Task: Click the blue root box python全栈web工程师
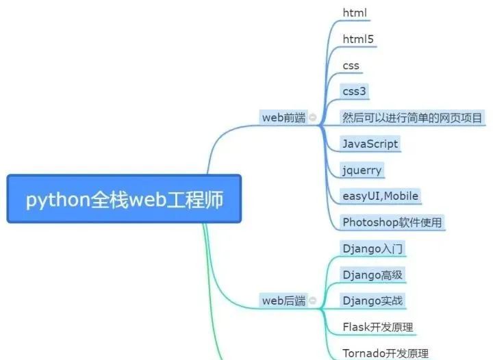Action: point(124,198)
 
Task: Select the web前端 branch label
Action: point(283,118)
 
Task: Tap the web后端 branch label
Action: point(283,300)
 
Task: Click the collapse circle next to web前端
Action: point(313,118)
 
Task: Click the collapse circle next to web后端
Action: point(313,300)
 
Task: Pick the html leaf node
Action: point(355,13)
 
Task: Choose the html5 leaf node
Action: point(358,40)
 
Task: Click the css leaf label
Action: point(351,66)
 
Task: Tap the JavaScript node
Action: point(370,144)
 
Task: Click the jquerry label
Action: point(362,170)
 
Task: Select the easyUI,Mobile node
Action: point(380,196)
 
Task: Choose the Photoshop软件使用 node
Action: point(392,222)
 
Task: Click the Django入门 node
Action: point(372,248)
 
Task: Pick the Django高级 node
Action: point(372,274)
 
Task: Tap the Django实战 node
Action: point(372,300)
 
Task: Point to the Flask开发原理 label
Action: point(377,326)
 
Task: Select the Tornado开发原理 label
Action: point(385,353)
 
